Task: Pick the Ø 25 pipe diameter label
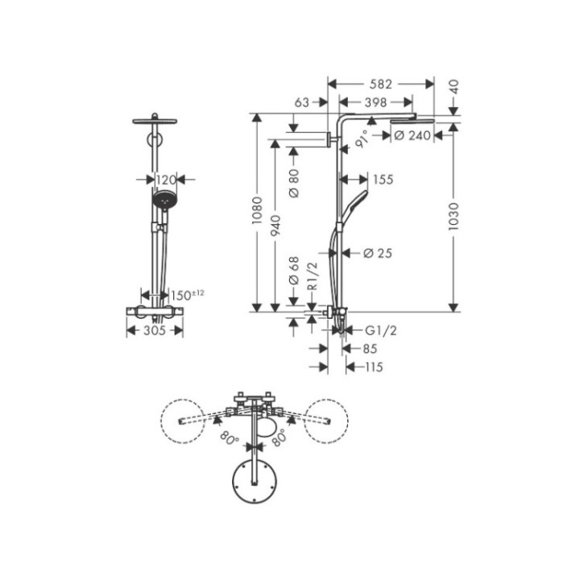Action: tap(377, 254)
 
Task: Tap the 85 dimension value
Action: tap(370, 349)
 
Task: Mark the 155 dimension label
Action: tap(383, 180)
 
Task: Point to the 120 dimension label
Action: tap(165, 180)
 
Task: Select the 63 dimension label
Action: tap(303, 102)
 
